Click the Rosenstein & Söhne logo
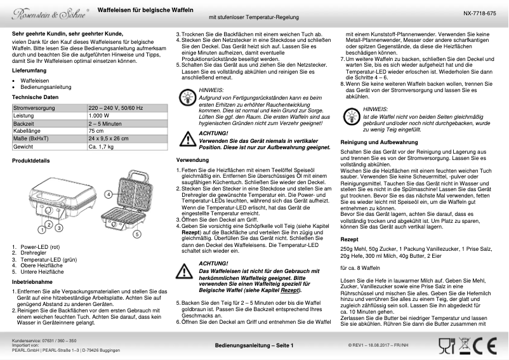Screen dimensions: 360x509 pos(44,12)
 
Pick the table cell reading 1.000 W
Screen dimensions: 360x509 pos(99,116)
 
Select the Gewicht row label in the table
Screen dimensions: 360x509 pos(23,146)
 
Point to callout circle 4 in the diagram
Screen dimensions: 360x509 pos(109,192)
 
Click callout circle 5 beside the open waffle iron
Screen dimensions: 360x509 pos(136,234)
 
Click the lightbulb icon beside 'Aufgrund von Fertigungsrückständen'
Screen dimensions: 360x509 pos(188,97)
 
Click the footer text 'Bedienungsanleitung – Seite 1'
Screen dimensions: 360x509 pos(254,345)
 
